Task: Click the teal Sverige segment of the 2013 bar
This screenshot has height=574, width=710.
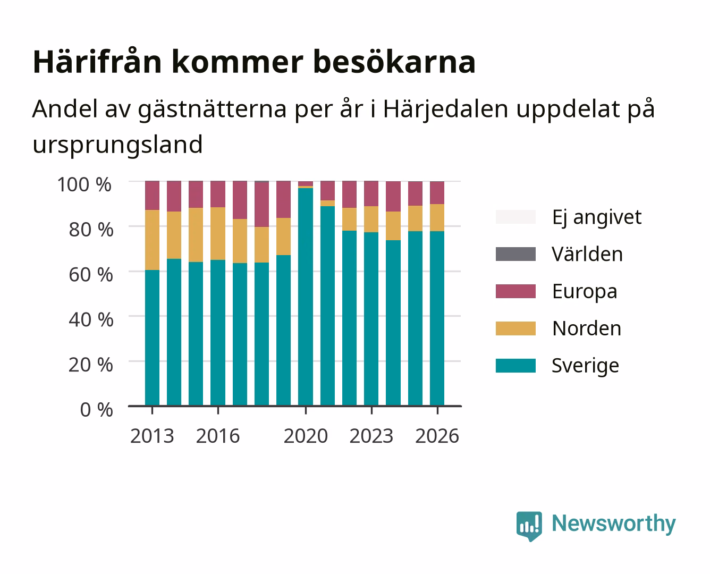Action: [x=152, y=337]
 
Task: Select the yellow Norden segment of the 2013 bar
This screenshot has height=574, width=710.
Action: [x=152, y=240]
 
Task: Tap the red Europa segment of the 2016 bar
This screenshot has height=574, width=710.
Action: [x=218, y=194]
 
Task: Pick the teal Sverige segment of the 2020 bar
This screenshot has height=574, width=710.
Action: [x=306, y=297]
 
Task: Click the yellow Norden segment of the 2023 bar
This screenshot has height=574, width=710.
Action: [x=371, y=219]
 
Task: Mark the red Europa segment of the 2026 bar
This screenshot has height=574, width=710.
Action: [x=437, y=193]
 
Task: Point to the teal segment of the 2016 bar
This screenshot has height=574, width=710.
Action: [x=218, y=333]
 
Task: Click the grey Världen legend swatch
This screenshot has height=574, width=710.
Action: [x=515, y=254]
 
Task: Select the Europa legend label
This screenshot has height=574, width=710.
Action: [x=585, y=292]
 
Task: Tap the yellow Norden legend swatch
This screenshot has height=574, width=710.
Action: [x=515, y=328]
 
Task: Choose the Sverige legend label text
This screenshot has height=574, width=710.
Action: [x=585, y=366]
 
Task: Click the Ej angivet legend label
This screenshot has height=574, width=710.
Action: [x=597, y=218]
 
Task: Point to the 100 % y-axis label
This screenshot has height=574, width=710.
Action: [x=84, y=184]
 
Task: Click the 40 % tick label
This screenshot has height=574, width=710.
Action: [x=91, y=319]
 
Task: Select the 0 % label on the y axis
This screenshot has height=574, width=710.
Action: [x=96, y=409]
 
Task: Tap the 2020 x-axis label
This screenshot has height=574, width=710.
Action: [x=306, y=436]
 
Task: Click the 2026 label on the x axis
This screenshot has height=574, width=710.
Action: [x=437, y=436]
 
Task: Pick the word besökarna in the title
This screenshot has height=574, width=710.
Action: [x=394, y=62]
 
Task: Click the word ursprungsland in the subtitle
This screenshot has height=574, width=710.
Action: [x=117, y=145]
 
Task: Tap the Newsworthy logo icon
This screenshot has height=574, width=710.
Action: [x=529, y=526]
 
